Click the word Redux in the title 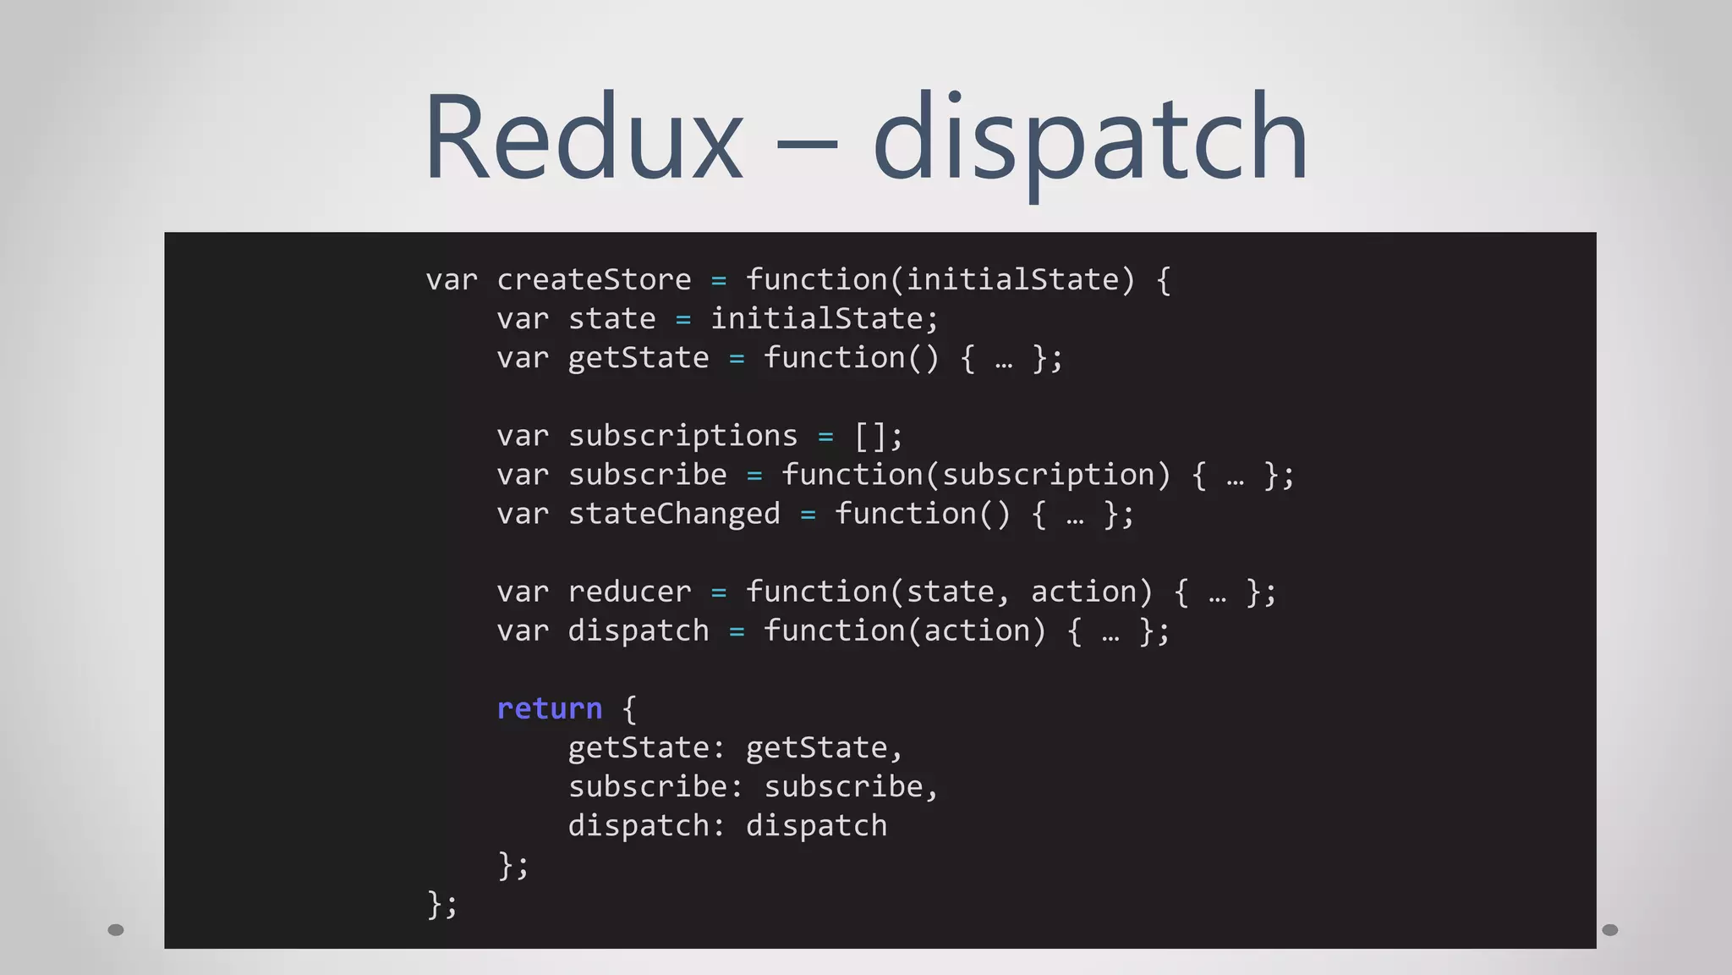click(x=583, y=137)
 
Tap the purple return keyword click(x=549, y=708)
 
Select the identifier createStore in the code click(x=594, y=280)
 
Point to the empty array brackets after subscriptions click(x=870, y=436)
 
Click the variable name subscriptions click(x=682, y=436)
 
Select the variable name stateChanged click(x=674, y=514)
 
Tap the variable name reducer click(x=629, y=592)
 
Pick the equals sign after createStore click(x=719, y=281)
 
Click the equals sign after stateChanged click(x=808, y=515)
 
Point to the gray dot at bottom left click(x=116, y=930)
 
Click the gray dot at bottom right click(x=1610, y=930)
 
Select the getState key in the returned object click(x=639, y=748)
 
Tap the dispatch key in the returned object click(x=639, y=826)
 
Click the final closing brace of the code click(x=435, y=903)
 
